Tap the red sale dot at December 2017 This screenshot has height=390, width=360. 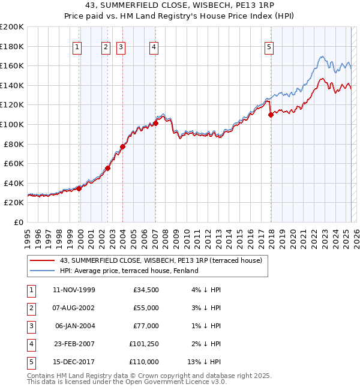click(x=271, y=115)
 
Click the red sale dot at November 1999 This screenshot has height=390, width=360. click(x=79, y=188)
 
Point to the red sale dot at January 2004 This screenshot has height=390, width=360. click(x=122, y=146)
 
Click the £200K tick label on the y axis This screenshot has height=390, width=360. click(x=12, y=27)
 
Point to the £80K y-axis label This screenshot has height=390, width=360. click(x=14, y=144)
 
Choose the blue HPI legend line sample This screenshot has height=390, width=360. click(x=42, y=271)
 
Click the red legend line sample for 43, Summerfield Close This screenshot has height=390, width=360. click(x=42, y=260)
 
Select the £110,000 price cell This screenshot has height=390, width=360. click(x=144, y=362)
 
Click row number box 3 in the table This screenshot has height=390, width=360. click(x=30, y=326)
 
